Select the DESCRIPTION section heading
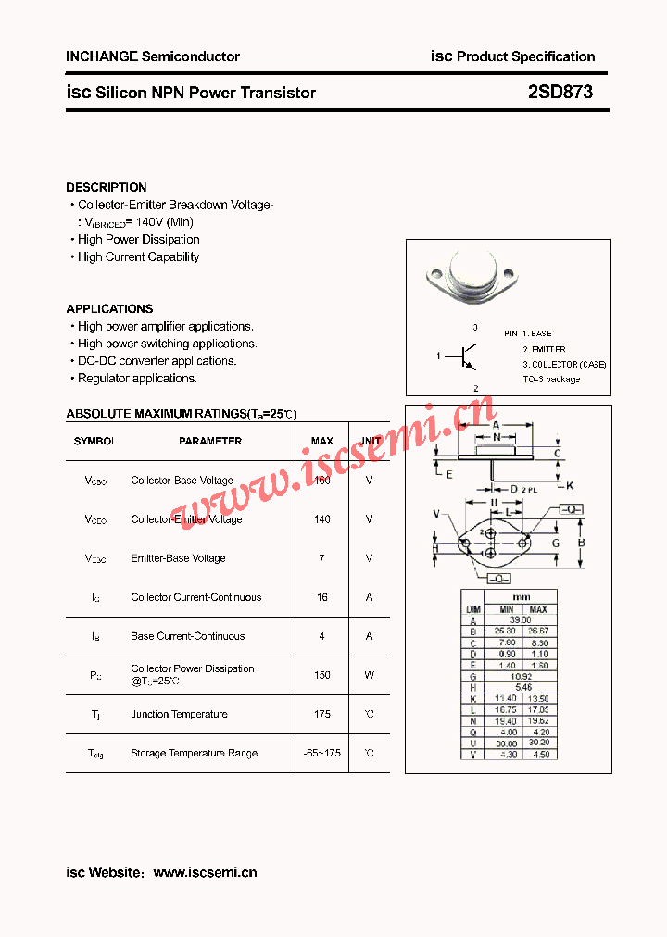click(107, 187)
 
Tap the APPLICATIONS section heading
click(109, 308)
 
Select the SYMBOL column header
click(95, 442)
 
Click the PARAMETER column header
click(210, 442)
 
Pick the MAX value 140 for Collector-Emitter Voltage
click(322, 519)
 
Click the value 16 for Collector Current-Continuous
click(322, 597)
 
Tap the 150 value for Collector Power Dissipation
click(322, 675)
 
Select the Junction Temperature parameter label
click(179, 714)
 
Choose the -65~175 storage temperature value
click(322, 753)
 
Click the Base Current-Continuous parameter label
click(188, 636)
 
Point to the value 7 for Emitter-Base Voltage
click(322, 558)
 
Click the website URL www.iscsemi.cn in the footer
click(205, 872)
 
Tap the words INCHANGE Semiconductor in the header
click(153, 56)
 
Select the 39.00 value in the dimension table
click(522, 620)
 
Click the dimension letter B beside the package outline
click(581, 543)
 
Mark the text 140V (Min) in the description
click(165, 222)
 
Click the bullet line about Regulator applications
click(137, 378)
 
